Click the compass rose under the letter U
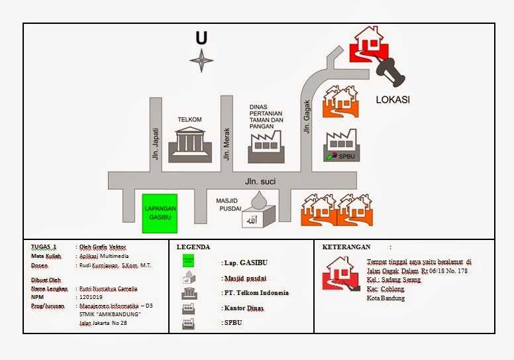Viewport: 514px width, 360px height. (x=201, y=61)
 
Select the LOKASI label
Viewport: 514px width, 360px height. (x=393, y=100)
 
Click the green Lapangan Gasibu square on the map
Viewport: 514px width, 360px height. (x=160, y=213)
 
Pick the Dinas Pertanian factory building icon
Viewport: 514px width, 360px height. (x=266, y=147)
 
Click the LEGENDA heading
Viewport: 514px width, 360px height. (x=193, y=247)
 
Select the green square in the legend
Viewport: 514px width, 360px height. (x=189, y=261)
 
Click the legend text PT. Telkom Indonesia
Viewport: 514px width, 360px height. (x=256, y=292)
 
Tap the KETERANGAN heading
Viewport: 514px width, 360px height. (x=346, y=247)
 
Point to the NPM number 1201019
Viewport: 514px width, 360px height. (x=91, y=298)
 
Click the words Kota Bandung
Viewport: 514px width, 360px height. (x=385, y=298)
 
